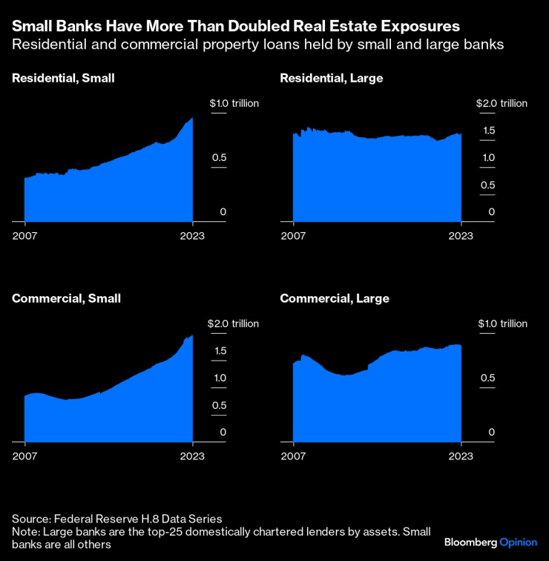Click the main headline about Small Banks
click(235, 26)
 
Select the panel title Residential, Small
click(63, 78)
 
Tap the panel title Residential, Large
click(331, 78)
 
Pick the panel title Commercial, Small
click(66, 298)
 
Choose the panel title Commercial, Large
click(334, 298)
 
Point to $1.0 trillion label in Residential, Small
click(234, 103)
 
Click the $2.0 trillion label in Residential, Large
click(502, 103)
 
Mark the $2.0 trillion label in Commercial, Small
click(234, 324)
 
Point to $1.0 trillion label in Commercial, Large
click(502, 324)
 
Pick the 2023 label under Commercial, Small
click(193, 456)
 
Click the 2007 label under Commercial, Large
click(294, 456)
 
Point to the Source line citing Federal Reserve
click(117, 519)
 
